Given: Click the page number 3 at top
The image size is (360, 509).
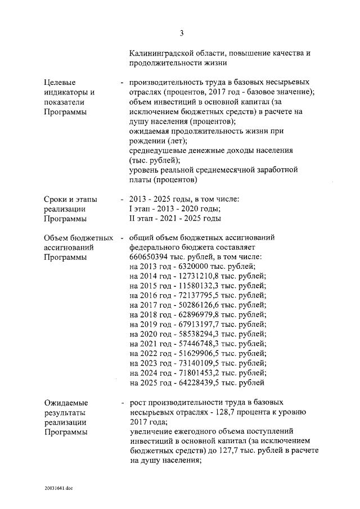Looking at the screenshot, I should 182,33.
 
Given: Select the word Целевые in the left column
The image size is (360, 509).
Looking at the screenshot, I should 59,83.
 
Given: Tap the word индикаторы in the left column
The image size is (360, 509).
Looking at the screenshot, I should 65,92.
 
